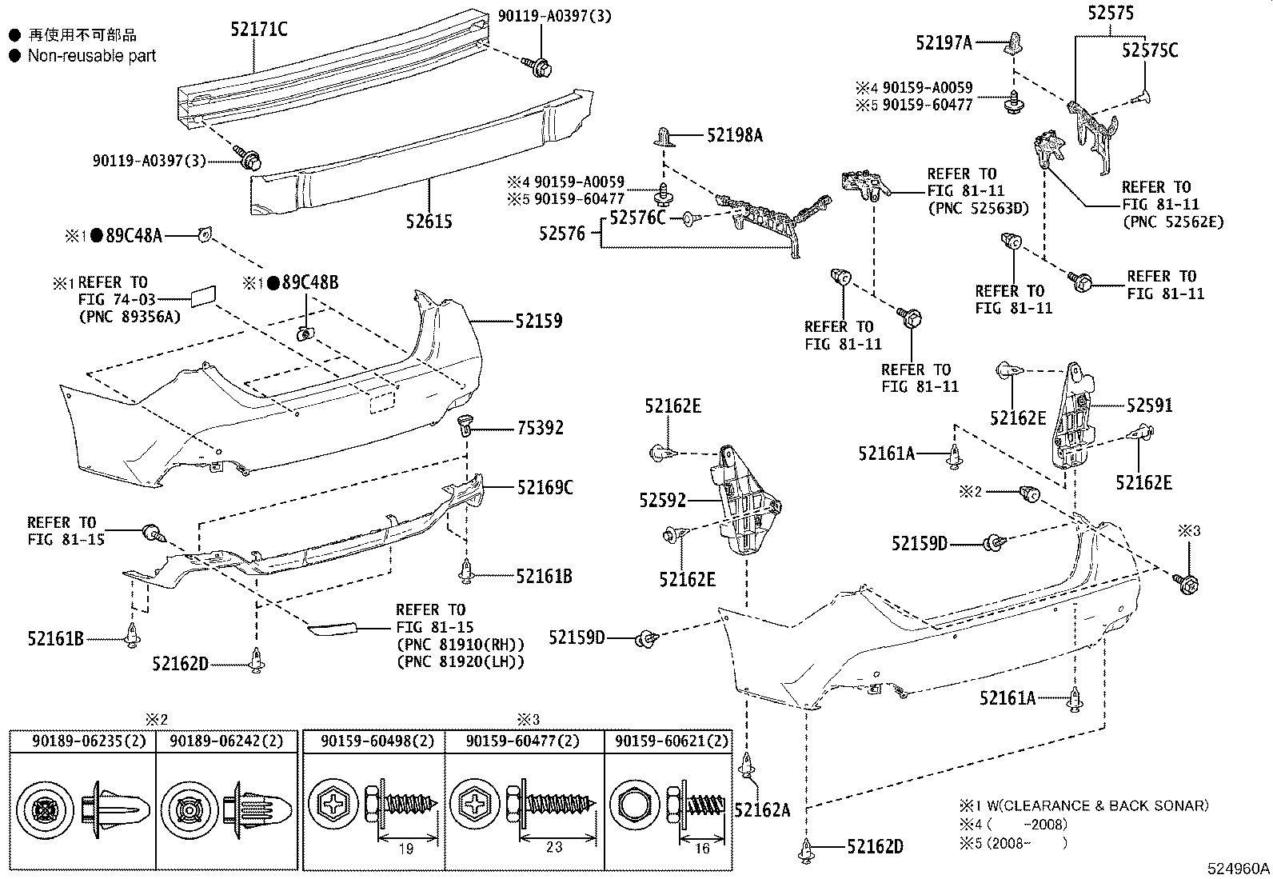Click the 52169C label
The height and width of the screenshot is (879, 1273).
(545, 487)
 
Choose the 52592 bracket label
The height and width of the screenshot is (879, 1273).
(663, 501)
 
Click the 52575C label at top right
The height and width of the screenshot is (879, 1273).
(1149, 50)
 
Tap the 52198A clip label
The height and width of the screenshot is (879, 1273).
(734, 136)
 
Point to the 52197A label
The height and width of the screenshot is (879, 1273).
(944, 43)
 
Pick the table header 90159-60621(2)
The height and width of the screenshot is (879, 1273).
(671, 741)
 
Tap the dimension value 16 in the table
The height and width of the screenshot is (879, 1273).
(701, 847)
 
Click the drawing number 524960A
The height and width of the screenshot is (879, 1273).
(1239, 869)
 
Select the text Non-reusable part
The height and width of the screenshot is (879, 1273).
(92, 56)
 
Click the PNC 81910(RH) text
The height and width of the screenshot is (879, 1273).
(460, 645)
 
